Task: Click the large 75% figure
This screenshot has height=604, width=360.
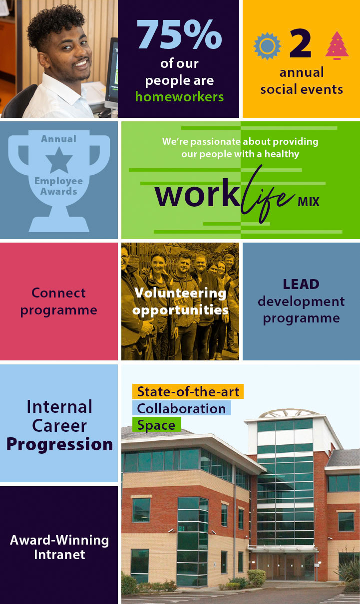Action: (x=179, y=34)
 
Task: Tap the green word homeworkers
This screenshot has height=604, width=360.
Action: (x=179, y=96)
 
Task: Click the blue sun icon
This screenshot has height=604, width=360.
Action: (x=267, y=46)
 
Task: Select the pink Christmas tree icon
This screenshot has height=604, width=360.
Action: (x=337, y=45)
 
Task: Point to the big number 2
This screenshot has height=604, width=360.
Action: (x=301, y=43)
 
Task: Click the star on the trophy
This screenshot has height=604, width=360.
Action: (x=59, y=160)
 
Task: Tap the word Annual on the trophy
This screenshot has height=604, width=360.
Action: (x=59, y=139)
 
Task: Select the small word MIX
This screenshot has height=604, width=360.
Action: (x=309, y=202)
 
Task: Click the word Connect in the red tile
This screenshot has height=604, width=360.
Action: (x=58, y=293)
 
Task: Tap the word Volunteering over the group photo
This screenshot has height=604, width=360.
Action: (x=180, y=293)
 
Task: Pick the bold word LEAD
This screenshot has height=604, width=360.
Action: (x=301, y=284)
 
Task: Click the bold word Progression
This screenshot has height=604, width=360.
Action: (x=59, y=444)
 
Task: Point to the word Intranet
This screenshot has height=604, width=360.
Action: (x=59, y=555)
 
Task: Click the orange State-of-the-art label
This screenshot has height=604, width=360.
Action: (x=188, y=391)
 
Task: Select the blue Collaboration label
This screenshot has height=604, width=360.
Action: (x=181, y=408)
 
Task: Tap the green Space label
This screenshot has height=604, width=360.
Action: (x=156, y=425)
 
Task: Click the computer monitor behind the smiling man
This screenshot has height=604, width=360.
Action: (x=112, y=73)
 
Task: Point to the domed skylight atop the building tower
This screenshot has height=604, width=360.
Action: (x=289, y=413)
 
